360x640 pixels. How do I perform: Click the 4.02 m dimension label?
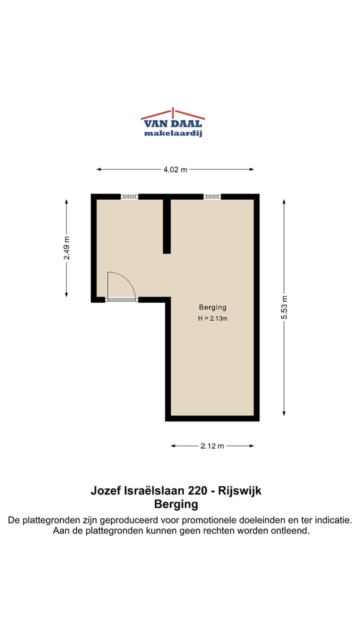[x=175, y=169]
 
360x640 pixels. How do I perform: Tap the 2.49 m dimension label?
[x=66, y=247]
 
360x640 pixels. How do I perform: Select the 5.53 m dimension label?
[x=284, y=308]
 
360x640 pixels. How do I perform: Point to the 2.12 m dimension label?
[x=212, y=446]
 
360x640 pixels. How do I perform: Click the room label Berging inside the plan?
[x=212, y=307]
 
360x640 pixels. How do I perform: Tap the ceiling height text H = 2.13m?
[x=212, y=318]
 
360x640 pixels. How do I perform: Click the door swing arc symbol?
[x=122, y=285]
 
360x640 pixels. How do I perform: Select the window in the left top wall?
[x=129, y=196]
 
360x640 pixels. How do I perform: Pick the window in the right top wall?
[x=212, y=196]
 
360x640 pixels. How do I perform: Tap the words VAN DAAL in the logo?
[x=173, y=124]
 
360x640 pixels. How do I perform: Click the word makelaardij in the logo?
[x=173, y=133]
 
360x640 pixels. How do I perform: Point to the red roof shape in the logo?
[x=173, y=113]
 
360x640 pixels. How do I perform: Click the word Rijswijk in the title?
[x=240, y=490]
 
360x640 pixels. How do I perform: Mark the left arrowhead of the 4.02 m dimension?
[x=98, y=169]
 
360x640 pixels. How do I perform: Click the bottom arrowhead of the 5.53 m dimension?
[x=284, y=413]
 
